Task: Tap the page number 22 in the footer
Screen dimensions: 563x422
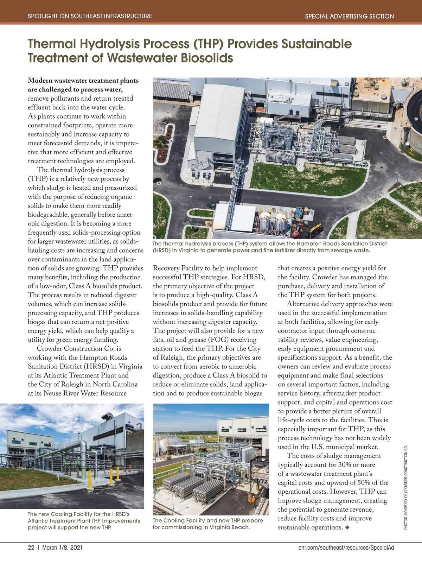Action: pos(31,548)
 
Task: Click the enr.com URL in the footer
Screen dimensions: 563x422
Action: pos(346,548)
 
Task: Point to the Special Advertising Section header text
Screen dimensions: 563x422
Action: pos(349,16)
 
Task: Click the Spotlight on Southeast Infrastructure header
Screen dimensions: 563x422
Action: pos(90,16)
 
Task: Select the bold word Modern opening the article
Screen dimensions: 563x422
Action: pos(40,81)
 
